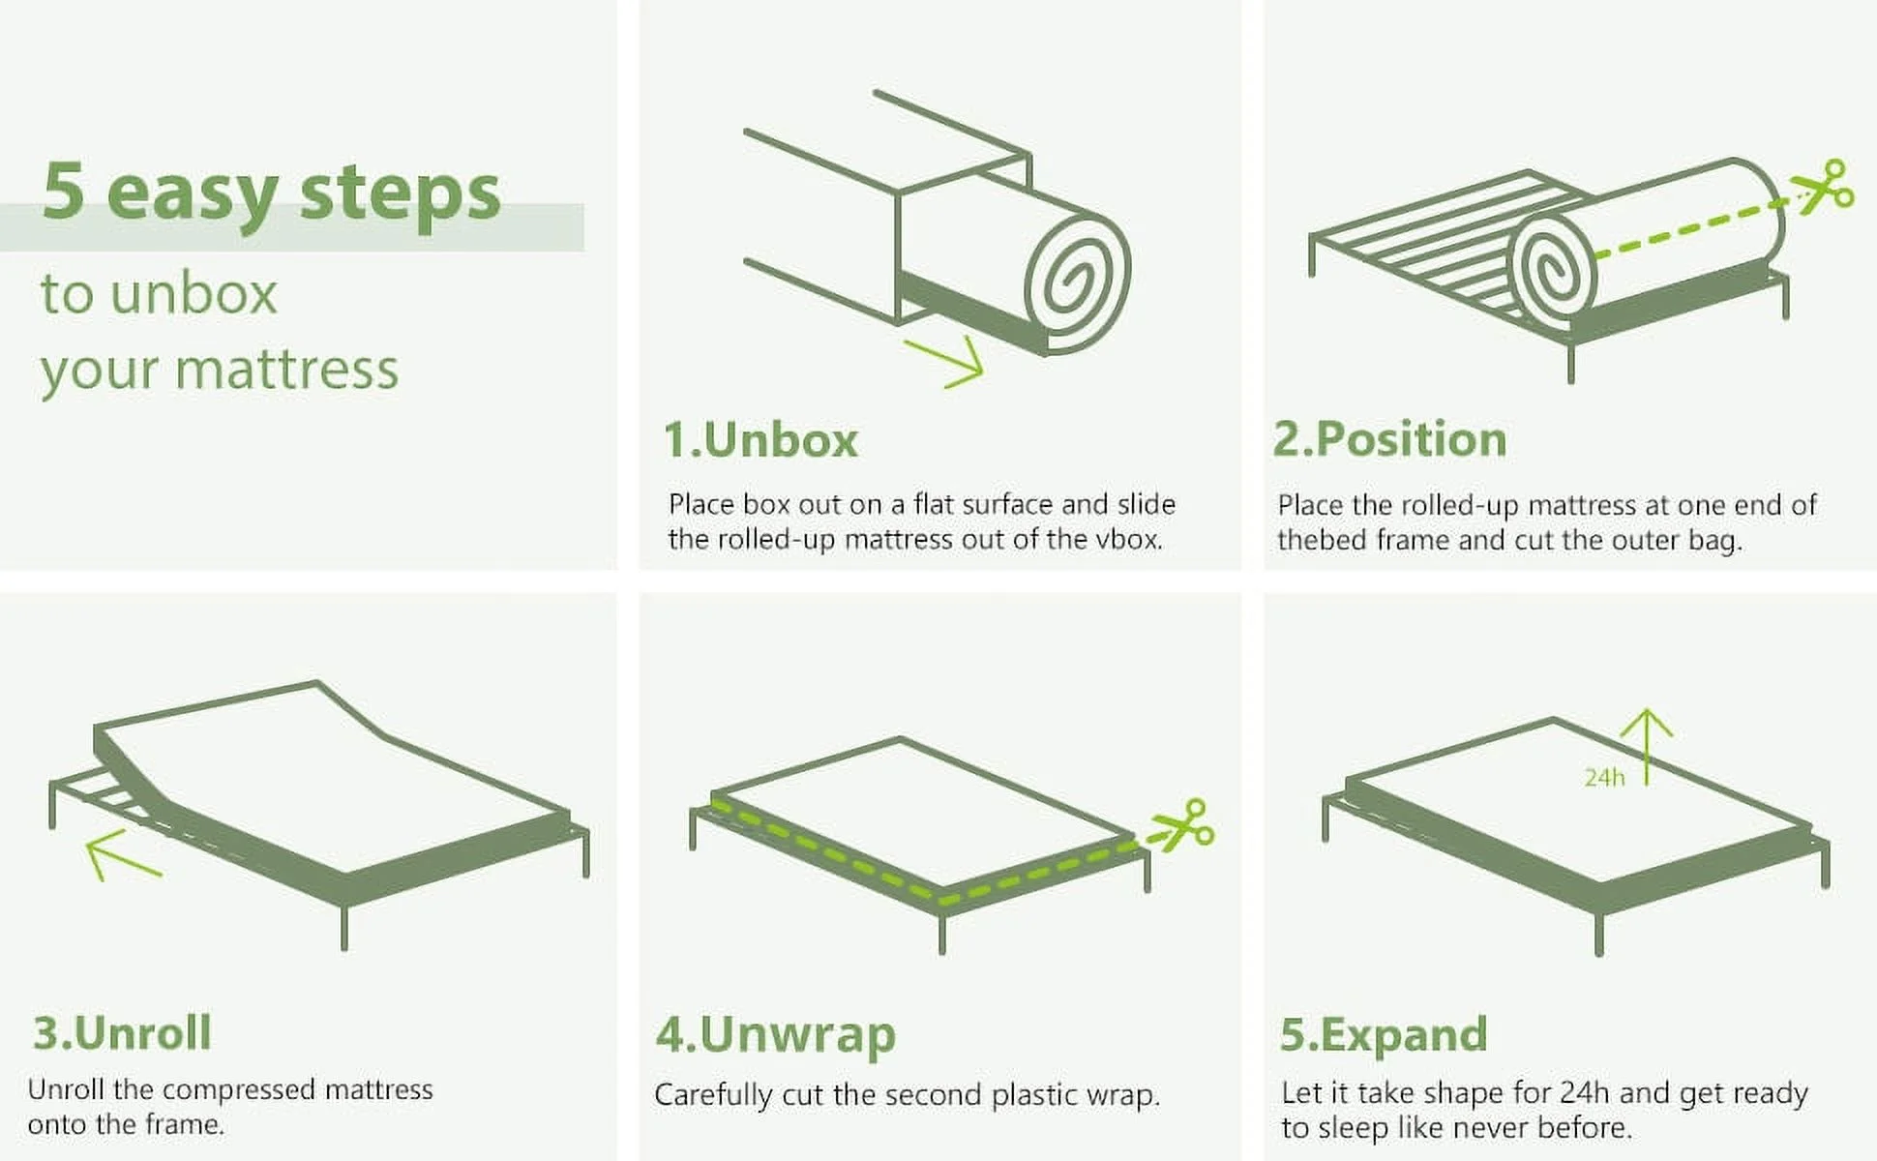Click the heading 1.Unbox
(x=760, y=440)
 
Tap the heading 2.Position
(x=1389, y=439)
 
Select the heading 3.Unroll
(x=122, y=1032)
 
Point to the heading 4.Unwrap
(x=775, y=1034)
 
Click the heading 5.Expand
(x=1383, y=1034)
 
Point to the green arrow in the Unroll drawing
(x=120, y=855)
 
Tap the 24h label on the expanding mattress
(x=1604, y=777)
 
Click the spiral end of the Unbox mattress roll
(x=1077, y=275)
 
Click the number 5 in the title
(x=64, y=192)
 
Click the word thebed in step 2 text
(x=1322, y=539)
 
